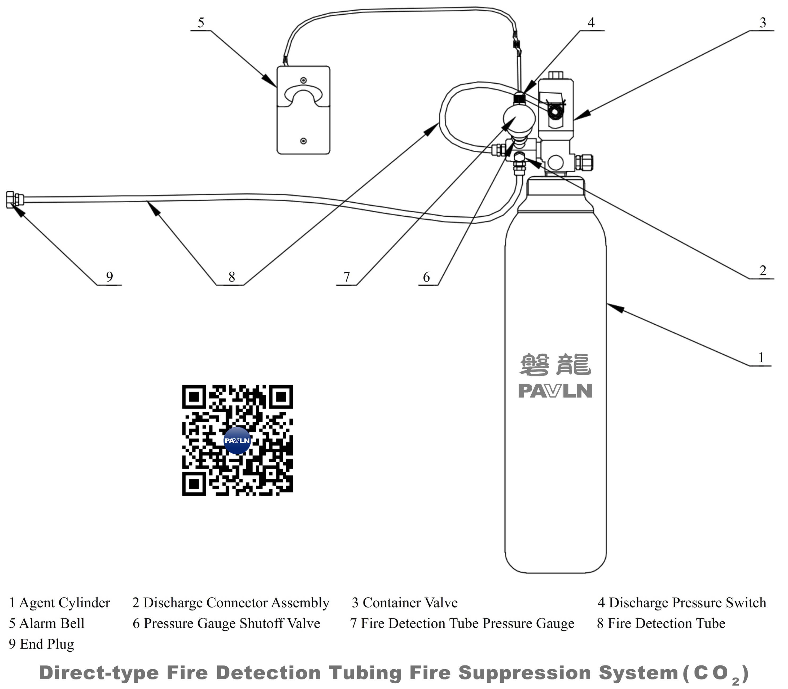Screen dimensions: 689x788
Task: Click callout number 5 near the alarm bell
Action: point(201,23)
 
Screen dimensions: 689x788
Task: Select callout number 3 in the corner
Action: point(763,23)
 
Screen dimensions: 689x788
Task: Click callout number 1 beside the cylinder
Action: point(761,357)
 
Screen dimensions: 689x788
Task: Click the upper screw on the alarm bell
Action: point(303,80)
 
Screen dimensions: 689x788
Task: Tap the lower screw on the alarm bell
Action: point(303,141)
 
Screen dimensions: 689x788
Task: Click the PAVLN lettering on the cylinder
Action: point(555,391)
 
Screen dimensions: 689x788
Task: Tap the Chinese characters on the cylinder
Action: point(555,364)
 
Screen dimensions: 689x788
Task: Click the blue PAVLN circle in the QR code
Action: point(237,440)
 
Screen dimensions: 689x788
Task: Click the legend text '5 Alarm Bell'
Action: point(46,623)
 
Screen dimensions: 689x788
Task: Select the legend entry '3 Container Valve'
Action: point(405,603)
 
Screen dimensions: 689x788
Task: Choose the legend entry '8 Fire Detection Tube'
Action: point(661,623)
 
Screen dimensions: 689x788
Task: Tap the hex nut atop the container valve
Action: point(555,75)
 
